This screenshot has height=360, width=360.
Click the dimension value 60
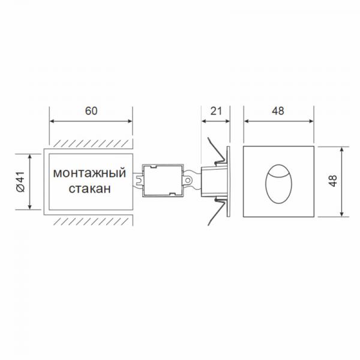91,111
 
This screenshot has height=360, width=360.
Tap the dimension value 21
216,111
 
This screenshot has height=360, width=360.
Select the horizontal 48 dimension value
278,111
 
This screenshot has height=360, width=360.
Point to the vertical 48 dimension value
332,181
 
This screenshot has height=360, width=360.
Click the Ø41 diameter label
20,181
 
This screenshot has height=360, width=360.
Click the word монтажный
89,173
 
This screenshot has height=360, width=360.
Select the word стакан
90,189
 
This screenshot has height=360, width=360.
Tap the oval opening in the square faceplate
278,184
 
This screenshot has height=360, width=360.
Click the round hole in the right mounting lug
188,180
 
